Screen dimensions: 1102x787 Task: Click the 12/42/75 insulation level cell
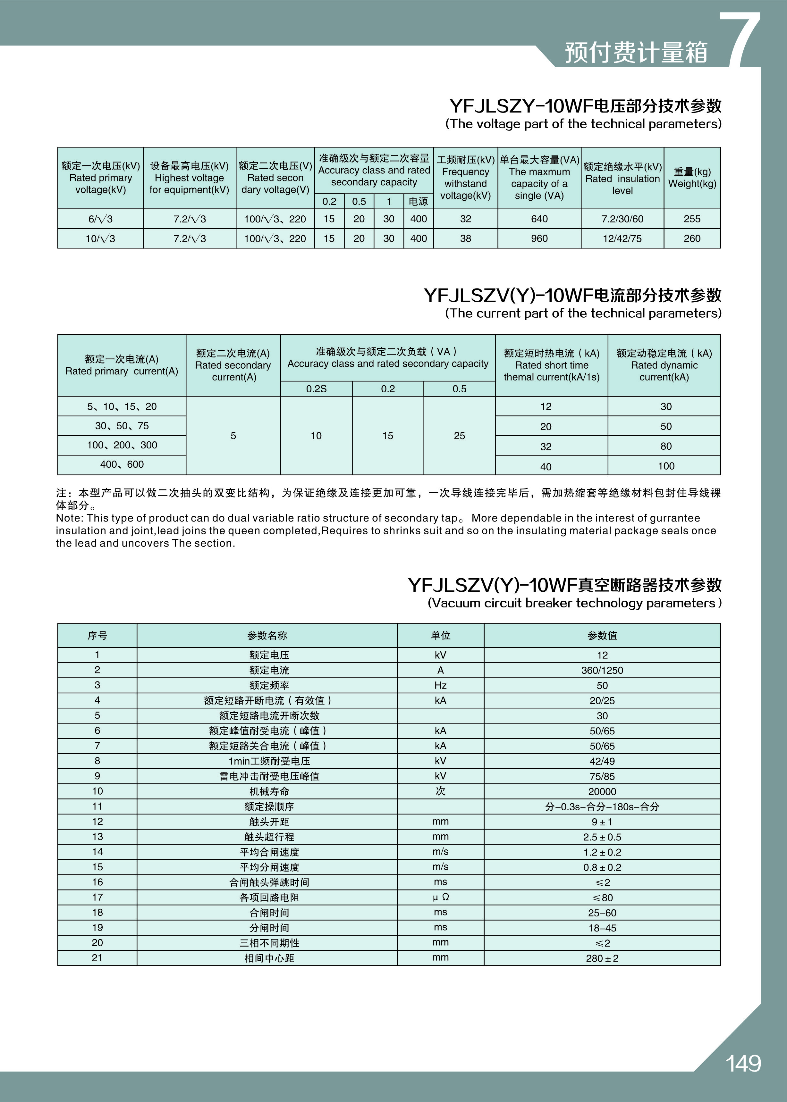(622, 238)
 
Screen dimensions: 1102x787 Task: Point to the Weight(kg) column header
(692, 178)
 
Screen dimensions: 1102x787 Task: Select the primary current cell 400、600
(122, 464)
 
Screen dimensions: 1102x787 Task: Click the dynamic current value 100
(665, 466)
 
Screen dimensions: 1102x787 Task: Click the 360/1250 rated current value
(602, 671)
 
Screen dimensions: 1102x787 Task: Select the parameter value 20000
(602, 791)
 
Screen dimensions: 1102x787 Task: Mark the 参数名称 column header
(267, 636)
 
